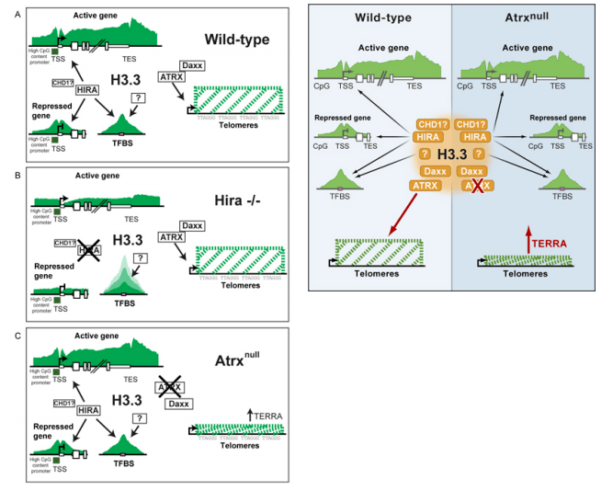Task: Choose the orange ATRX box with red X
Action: (x=474, y=186)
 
